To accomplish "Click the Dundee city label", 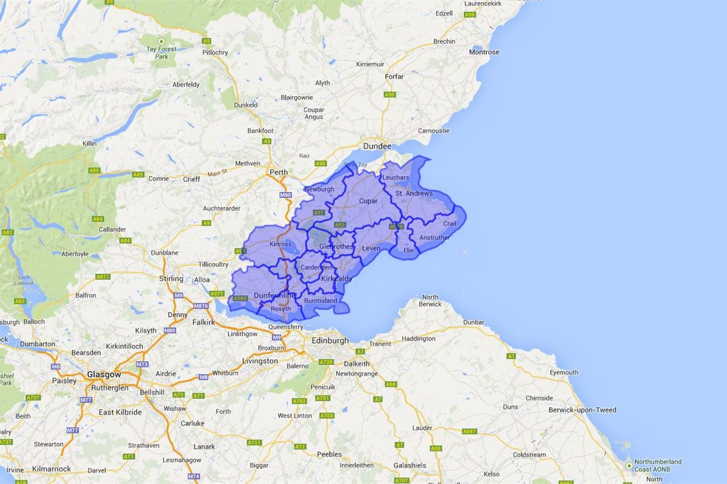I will point(377,146).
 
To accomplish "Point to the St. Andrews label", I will point(414,194).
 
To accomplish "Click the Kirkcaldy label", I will point(336,279).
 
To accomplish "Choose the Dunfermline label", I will point(274,295).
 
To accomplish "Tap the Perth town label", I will point(279,172).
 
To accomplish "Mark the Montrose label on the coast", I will point(484,52).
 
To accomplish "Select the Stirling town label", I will point(171,279).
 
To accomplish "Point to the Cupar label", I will point(368,201).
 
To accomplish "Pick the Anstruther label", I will point(434,238).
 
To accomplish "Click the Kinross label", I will point(280,244).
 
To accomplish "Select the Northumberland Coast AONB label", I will point(657,466).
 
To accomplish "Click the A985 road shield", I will point(241,298).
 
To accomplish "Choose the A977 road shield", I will point(216,293).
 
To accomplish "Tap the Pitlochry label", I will point(215,53).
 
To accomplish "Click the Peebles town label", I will point(329,454).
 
